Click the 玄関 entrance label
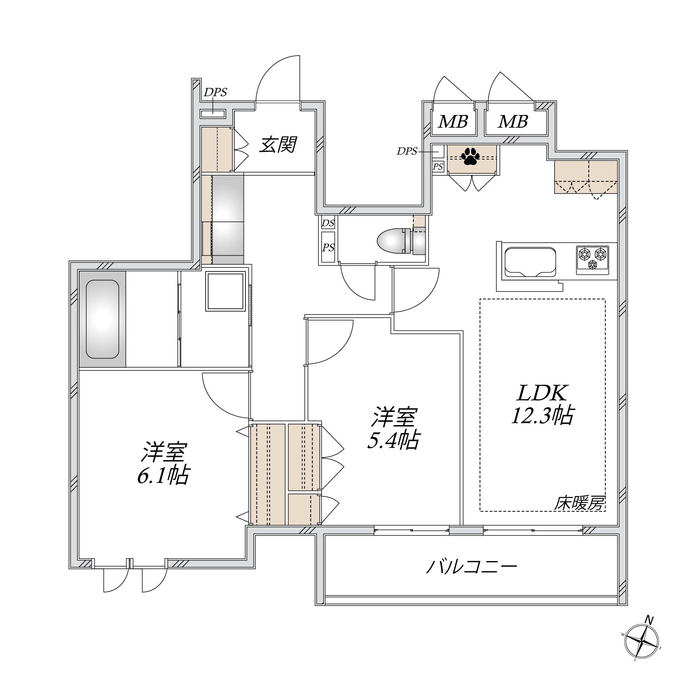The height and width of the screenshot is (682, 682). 278,145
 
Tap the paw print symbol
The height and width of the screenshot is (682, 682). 470,157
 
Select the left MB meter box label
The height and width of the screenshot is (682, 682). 453,122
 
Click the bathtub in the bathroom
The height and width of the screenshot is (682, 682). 102,319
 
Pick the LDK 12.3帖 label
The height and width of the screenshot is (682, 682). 542,404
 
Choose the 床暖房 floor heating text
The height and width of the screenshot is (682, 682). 579,503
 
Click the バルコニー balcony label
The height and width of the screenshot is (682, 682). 471,567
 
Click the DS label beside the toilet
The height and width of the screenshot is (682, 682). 328,223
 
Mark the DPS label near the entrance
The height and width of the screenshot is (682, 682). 215,92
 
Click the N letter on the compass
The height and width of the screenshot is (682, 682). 650,619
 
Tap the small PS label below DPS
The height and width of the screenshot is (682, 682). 438,167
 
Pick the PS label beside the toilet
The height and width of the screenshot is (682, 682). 328,247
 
